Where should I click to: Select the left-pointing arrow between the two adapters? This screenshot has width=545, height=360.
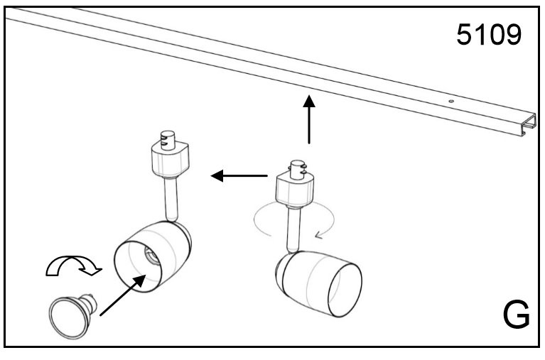[x=240, y=175]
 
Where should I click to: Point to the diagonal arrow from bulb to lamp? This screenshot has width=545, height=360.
[x=120, y=295]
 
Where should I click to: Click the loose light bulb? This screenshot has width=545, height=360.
[x=67, y=313]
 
